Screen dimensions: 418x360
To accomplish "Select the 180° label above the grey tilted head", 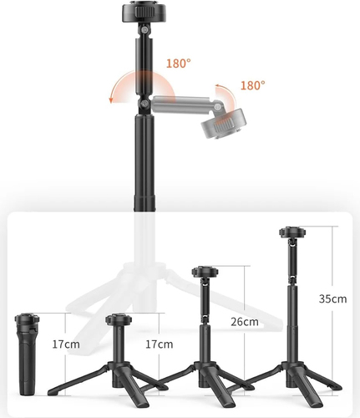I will coord(251,84).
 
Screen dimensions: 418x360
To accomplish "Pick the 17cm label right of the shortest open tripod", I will coord(159,344).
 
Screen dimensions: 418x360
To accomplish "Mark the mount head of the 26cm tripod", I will coord(204,272).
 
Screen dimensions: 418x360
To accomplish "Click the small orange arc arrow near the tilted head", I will coord(224,91).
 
